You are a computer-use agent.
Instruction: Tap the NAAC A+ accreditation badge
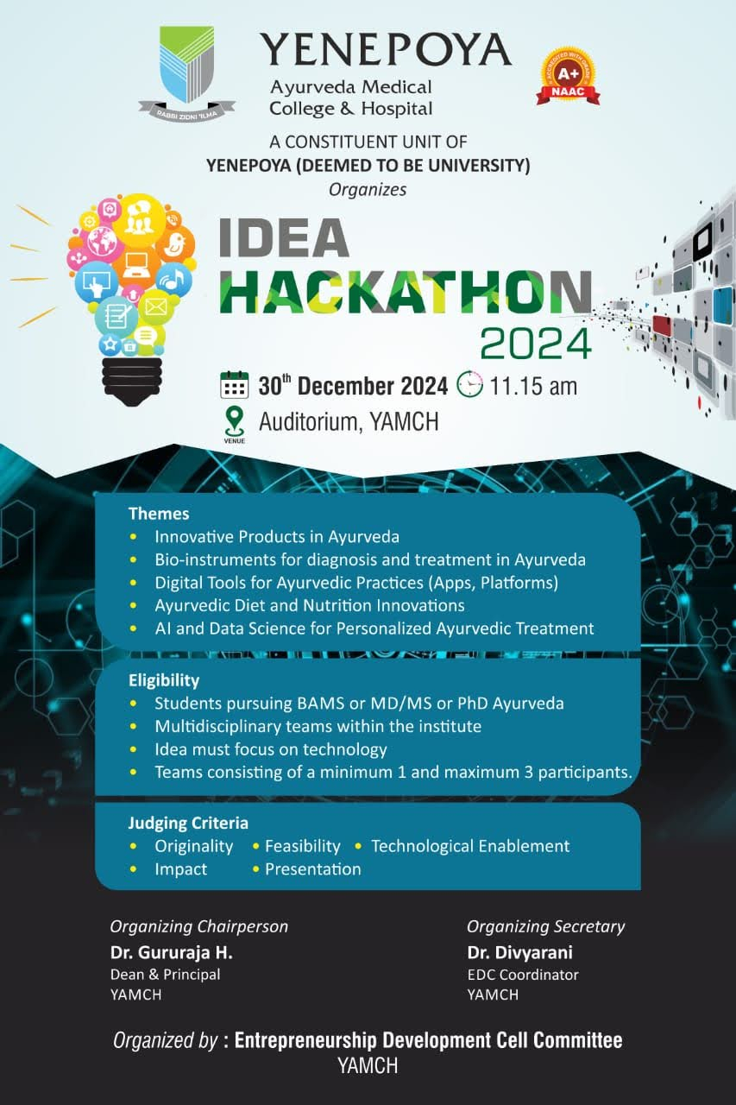(568, 76)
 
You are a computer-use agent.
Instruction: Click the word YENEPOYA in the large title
(386, 50)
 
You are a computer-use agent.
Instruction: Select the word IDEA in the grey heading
(284, 237)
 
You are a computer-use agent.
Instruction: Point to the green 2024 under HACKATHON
(536, 344)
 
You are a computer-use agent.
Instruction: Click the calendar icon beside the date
(234, 385)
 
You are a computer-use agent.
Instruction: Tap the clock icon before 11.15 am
(469, 384)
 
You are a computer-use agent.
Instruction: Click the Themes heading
(159, 514)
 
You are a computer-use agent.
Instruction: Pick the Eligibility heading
(164, 680)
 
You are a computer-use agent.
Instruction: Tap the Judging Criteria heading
(188, 823)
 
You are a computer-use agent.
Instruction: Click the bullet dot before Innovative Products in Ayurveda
(133, 537)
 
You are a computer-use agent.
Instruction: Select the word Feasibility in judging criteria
(303, 846)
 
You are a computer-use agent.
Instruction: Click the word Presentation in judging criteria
(313, 869)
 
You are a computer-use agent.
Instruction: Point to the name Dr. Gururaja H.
(172, 952)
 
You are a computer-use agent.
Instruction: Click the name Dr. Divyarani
(520, 952)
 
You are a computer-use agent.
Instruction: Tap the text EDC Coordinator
(523, 975)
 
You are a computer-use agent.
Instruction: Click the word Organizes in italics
(368, 190)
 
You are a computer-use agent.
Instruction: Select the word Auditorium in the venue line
(311, 422)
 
